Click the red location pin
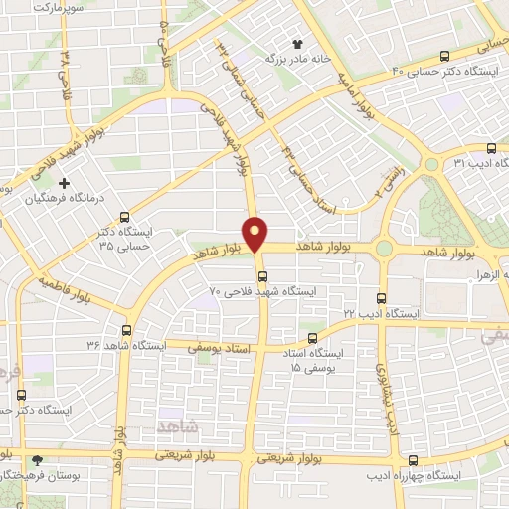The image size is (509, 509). click(256, 233)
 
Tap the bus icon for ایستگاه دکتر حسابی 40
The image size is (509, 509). click(444, 57)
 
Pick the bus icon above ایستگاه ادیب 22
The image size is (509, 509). click(382, 297)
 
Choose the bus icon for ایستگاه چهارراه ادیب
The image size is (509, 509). click(414, 460)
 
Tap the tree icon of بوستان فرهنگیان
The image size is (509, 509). click(38, 460)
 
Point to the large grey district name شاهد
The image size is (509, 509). click(178, 424)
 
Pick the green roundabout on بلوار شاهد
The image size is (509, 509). click(384, 248)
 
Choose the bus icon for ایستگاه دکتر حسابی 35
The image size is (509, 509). click(124, 216)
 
